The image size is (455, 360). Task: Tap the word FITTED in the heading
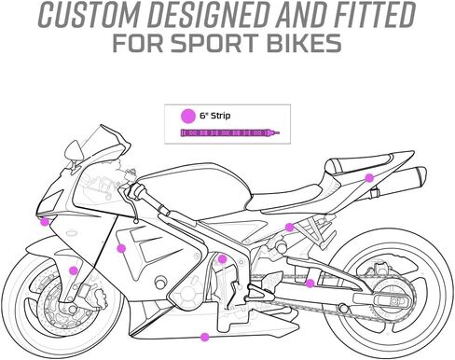coord(375,15)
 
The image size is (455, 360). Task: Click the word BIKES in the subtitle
coord(304,43)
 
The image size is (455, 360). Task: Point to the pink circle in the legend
coord(188,116)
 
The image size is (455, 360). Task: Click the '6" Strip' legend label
coord(215,116)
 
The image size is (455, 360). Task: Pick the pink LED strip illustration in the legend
coord(230,133)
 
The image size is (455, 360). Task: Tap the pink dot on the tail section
coord(369,178)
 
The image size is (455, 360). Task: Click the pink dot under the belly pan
coord(204,337)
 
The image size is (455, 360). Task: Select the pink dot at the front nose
coord(46,222)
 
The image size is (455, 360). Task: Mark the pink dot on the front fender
coord(74,270)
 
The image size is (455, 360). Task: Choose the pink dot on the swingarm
coord(310,284)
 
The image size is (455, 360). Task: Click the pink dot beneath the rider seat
coord(290,228)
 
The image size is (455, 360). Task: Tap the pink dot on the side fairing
coord(121,248)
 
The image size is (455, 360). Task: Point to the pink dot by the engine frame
coord(222,259)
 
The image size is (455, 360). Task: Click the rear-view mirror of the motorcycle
coord(74,150)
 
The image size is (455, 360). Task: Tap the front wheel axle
coord(73,309)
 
